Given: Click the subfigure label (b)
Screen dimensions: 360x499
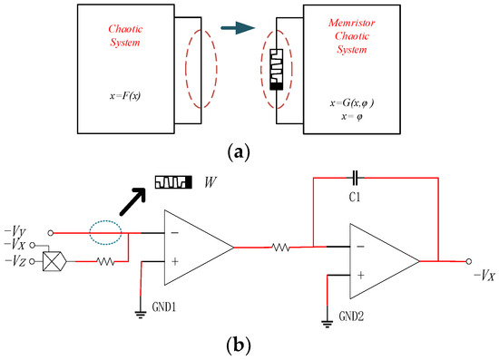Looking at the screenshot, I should (x=249, y=345).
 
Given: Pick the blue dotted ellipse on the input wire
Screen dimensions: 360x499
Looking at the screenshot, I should (x=107, y=229).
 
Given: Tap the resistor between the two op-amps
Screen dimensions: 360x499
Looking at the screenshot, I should (x=282, y=245).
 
